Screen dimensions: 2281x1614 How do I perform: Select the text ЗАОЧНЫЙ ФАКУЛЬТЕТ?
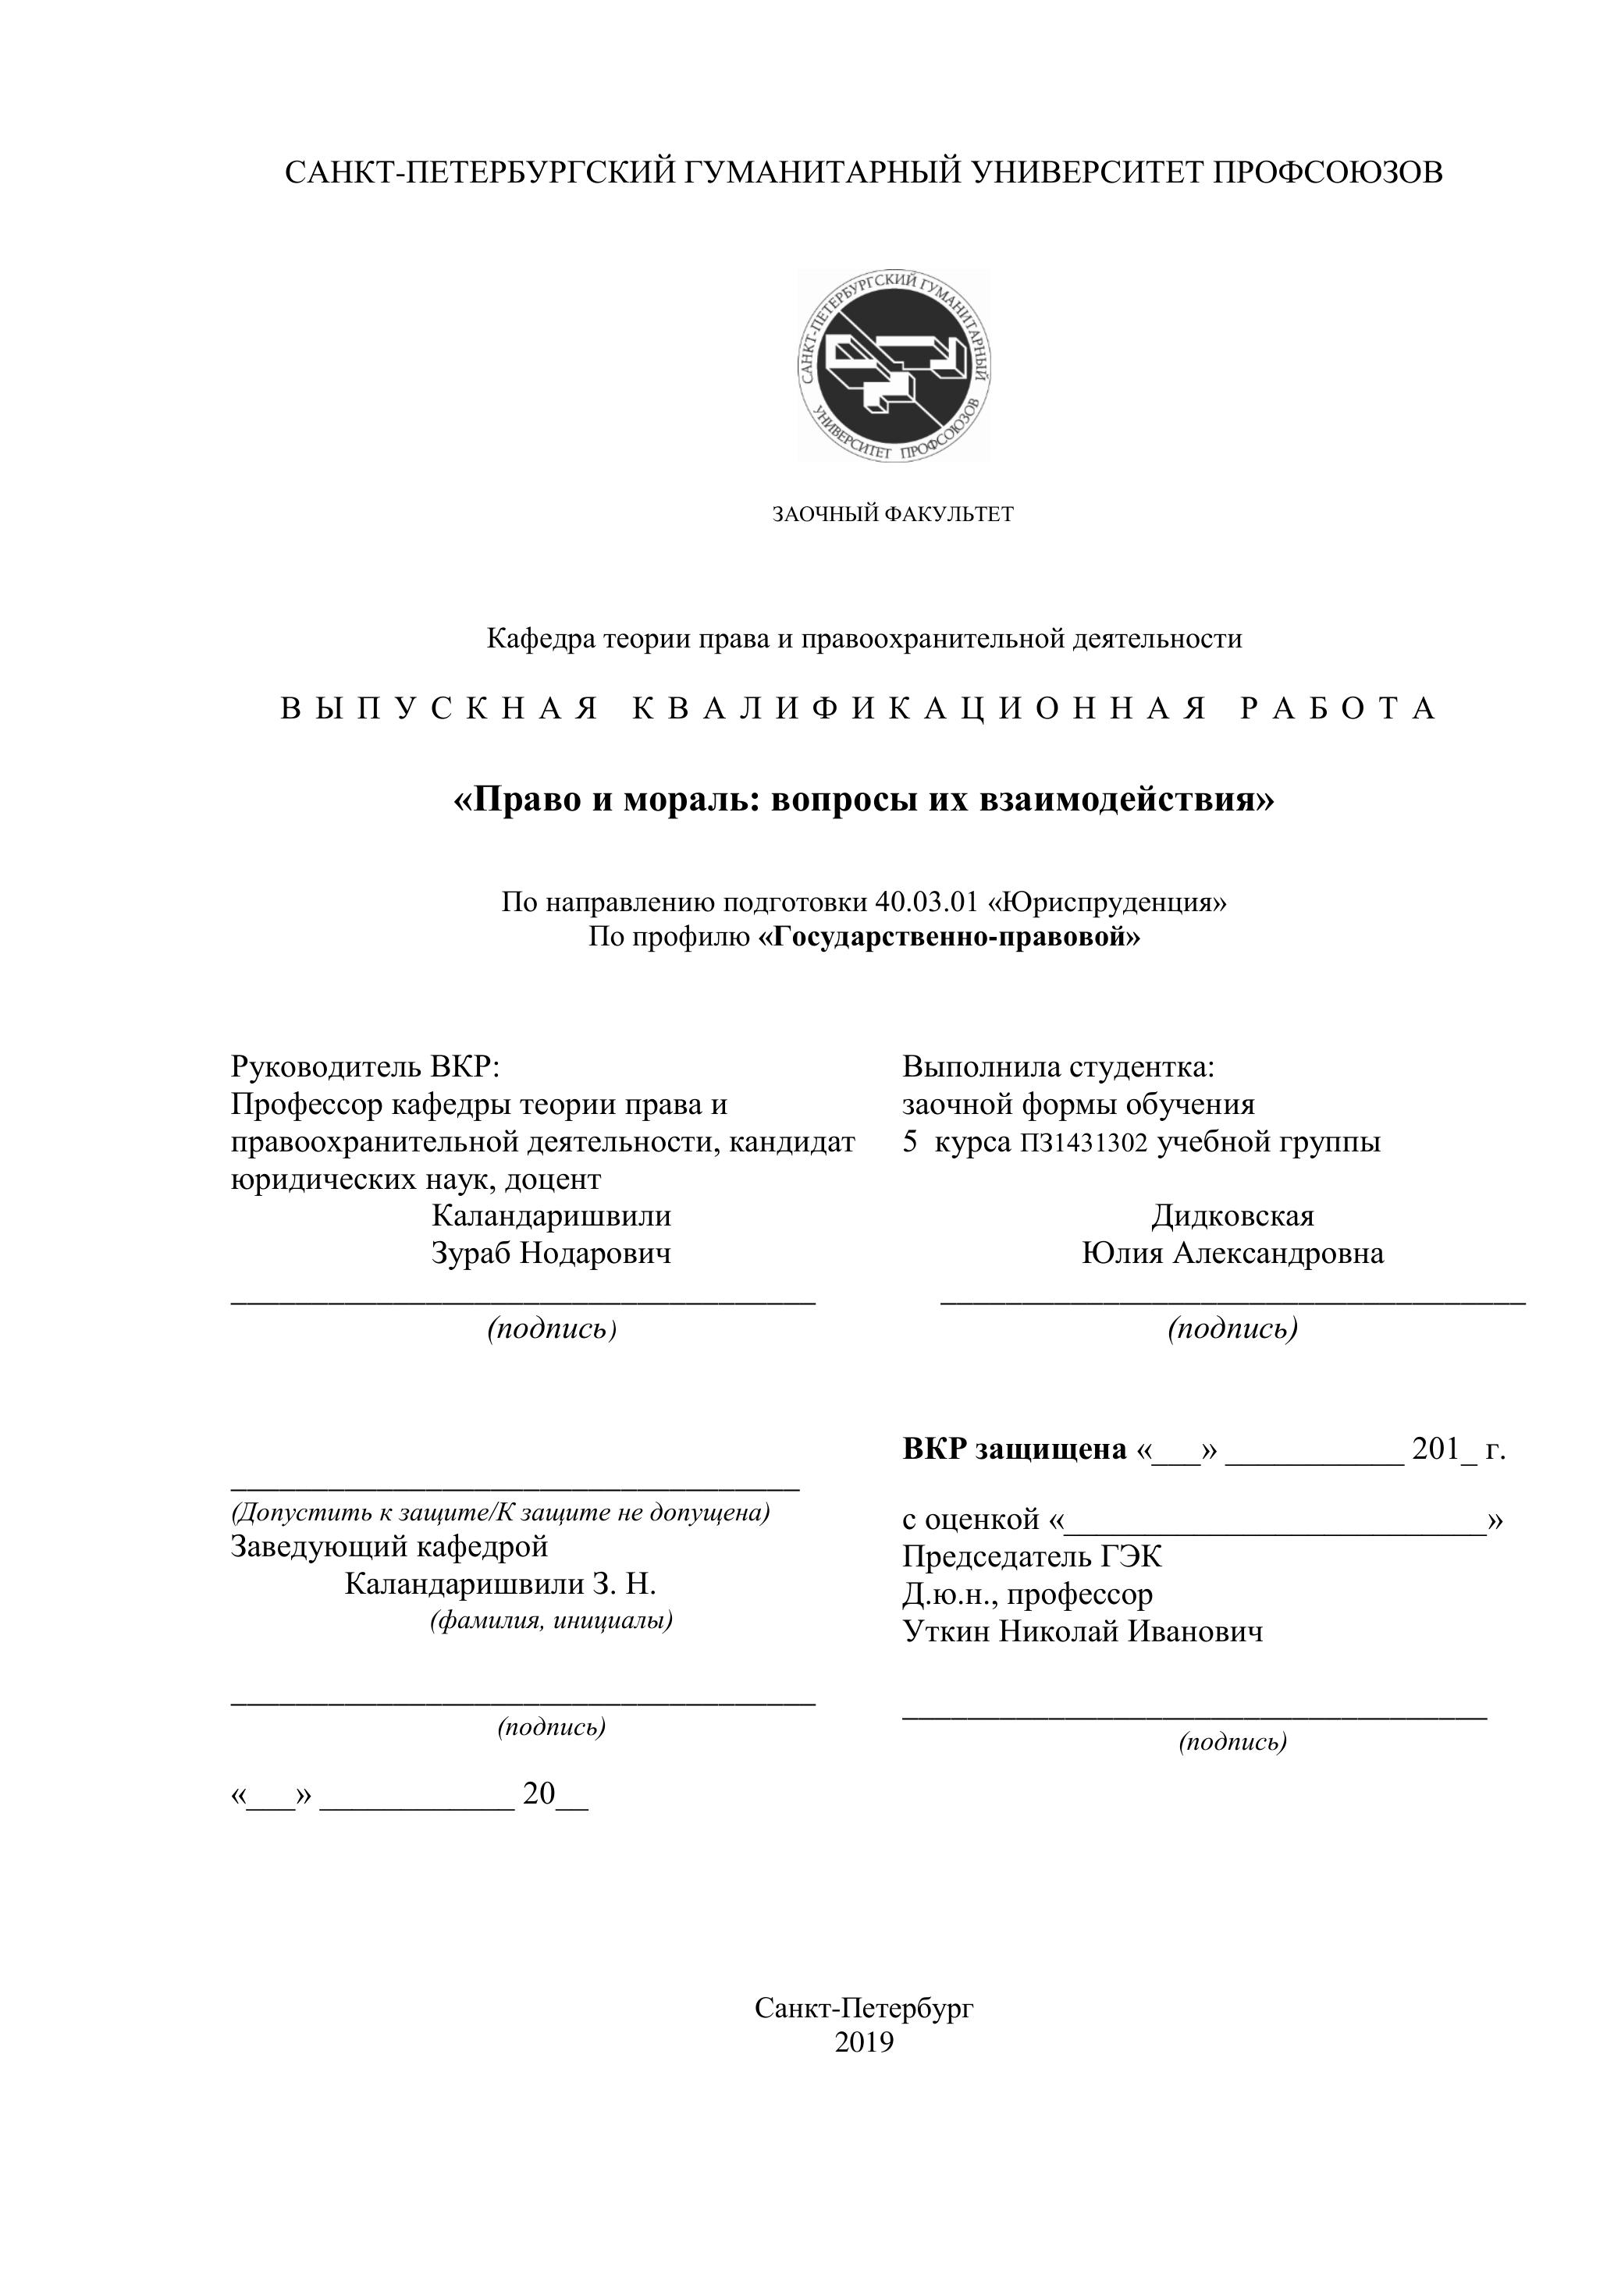click(x=893, y=513)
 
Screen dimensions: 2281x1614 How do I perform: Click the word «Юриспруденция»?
click(x=1108, y=901)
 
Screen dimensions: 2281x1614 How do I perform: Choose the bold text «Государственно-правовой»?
click(x=949, y=936)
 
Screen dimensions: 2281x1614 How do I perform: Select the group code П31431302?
click(x=1083, y=1143)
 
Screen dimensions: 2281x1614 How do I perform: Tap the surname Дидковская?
click(x=1232, y=1215)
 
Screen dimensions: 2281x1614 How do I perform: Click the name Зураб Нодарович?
click(x=550, y=1253)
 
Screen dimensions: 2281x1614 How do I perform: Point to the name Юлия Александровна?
click(x=1232, y=1253)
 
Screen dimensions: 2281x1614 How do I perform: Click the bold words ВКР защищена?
click(x=1014, y=1449)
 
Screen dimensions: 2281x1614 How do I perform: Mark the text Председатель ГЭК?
click(x=1032, y=1556)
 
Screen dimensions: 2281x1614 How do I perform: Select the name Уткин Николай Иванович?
click(x=1083, y=1630)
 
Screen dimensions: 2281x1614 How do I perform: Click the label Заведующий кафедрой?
click(x=389, y=1546)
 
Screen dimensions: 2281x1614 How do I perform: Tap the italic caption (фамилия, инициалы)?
click(x=550, y=1619)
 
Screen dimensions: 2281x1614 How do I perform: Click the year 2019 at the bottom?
click(x=864, y=2042)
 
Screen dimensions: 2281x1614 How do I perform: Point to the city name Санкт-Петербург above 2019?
click(x=864, y=2008)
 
